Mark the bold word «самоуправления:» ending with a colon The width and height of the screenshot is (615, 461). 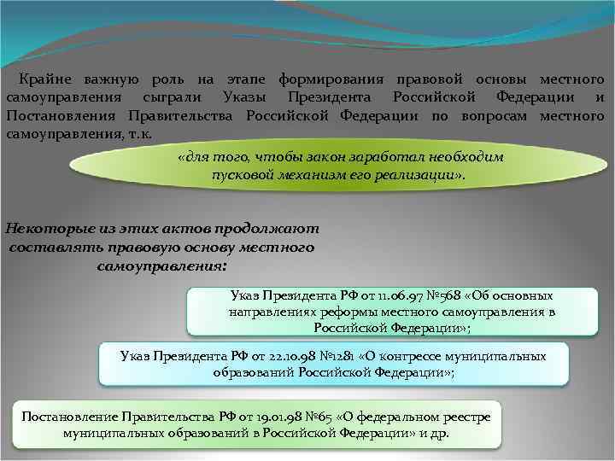point(162,266)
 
